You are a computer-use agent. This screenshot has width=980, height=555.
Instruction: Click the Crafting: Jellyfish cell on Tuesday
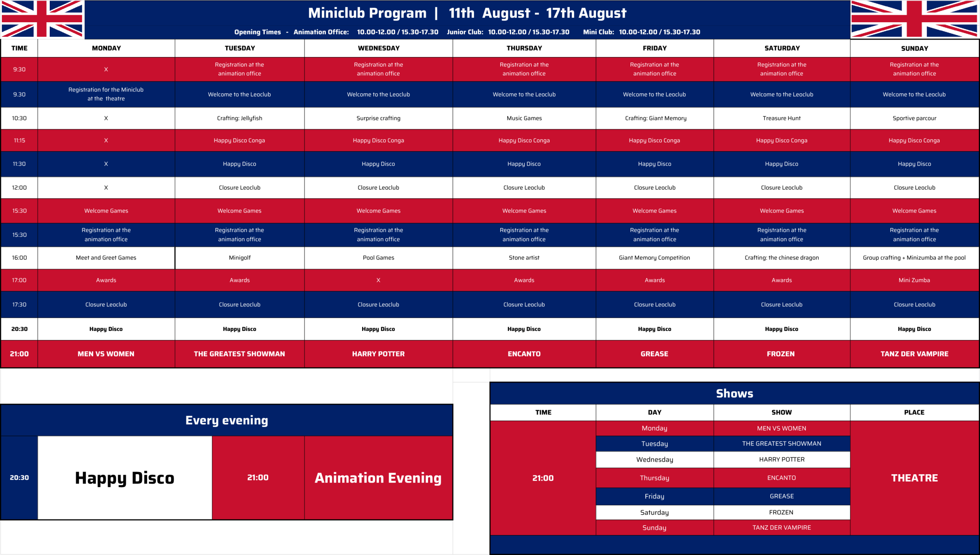pos(240,118)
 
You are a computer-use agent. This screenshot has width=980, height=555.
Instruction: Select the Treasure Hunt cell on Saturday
pos(782,118)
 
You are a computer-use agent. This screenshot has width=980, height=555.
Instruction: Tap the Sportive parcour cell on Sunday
pos(915,118)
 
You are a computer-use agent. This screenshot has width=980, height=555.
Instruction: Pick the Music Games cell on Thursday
pos(524,118)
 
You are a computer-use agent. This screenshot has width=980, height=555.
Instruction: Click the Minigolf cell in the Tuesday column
pos(240,258)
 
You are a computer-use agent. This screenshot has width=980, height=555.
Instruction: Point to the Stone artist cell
pos(524,258)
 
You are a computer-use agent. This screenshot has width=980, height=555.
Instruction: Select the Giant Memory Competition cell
pos(655,258)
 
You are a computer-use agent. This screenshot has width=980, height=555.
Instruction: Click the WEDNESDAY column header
pos(379,48)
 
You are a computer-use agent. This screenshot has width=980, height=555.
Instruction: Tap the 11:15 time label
pos(20,141)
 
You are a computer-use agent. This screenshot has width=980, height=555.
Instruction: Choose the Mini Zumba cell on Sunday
pos(915,280)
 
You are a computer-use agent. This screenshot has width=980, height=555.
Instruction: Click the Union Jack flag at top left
pos(42,19)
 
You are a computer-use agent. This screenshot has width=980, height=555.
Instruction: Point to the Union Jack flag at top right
pos(915,19)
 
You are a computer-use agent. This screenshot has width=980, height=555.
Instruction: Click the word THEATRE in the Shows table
pos(915,478)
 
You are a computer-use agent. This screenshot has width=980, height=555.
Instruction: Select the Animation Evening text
pos(378,478)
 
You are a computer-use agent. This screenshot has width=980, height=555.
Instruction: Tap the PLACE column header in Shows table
pos(914,413)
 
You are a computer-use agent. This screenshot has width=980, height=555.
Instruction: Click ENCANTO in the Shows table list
pos(782,478)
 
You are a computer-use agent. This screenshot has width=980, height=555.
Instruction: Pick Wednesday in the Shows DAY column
pos(655,460)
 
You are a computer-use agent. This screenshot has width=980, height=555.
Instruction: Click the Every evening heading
pos(227,421)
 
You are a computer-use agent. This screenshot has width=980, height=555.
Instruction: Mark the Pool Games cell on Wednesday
pos(379,258)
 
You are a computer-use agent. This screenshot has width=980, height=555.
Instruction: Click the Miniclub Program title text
pos(367,13)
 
